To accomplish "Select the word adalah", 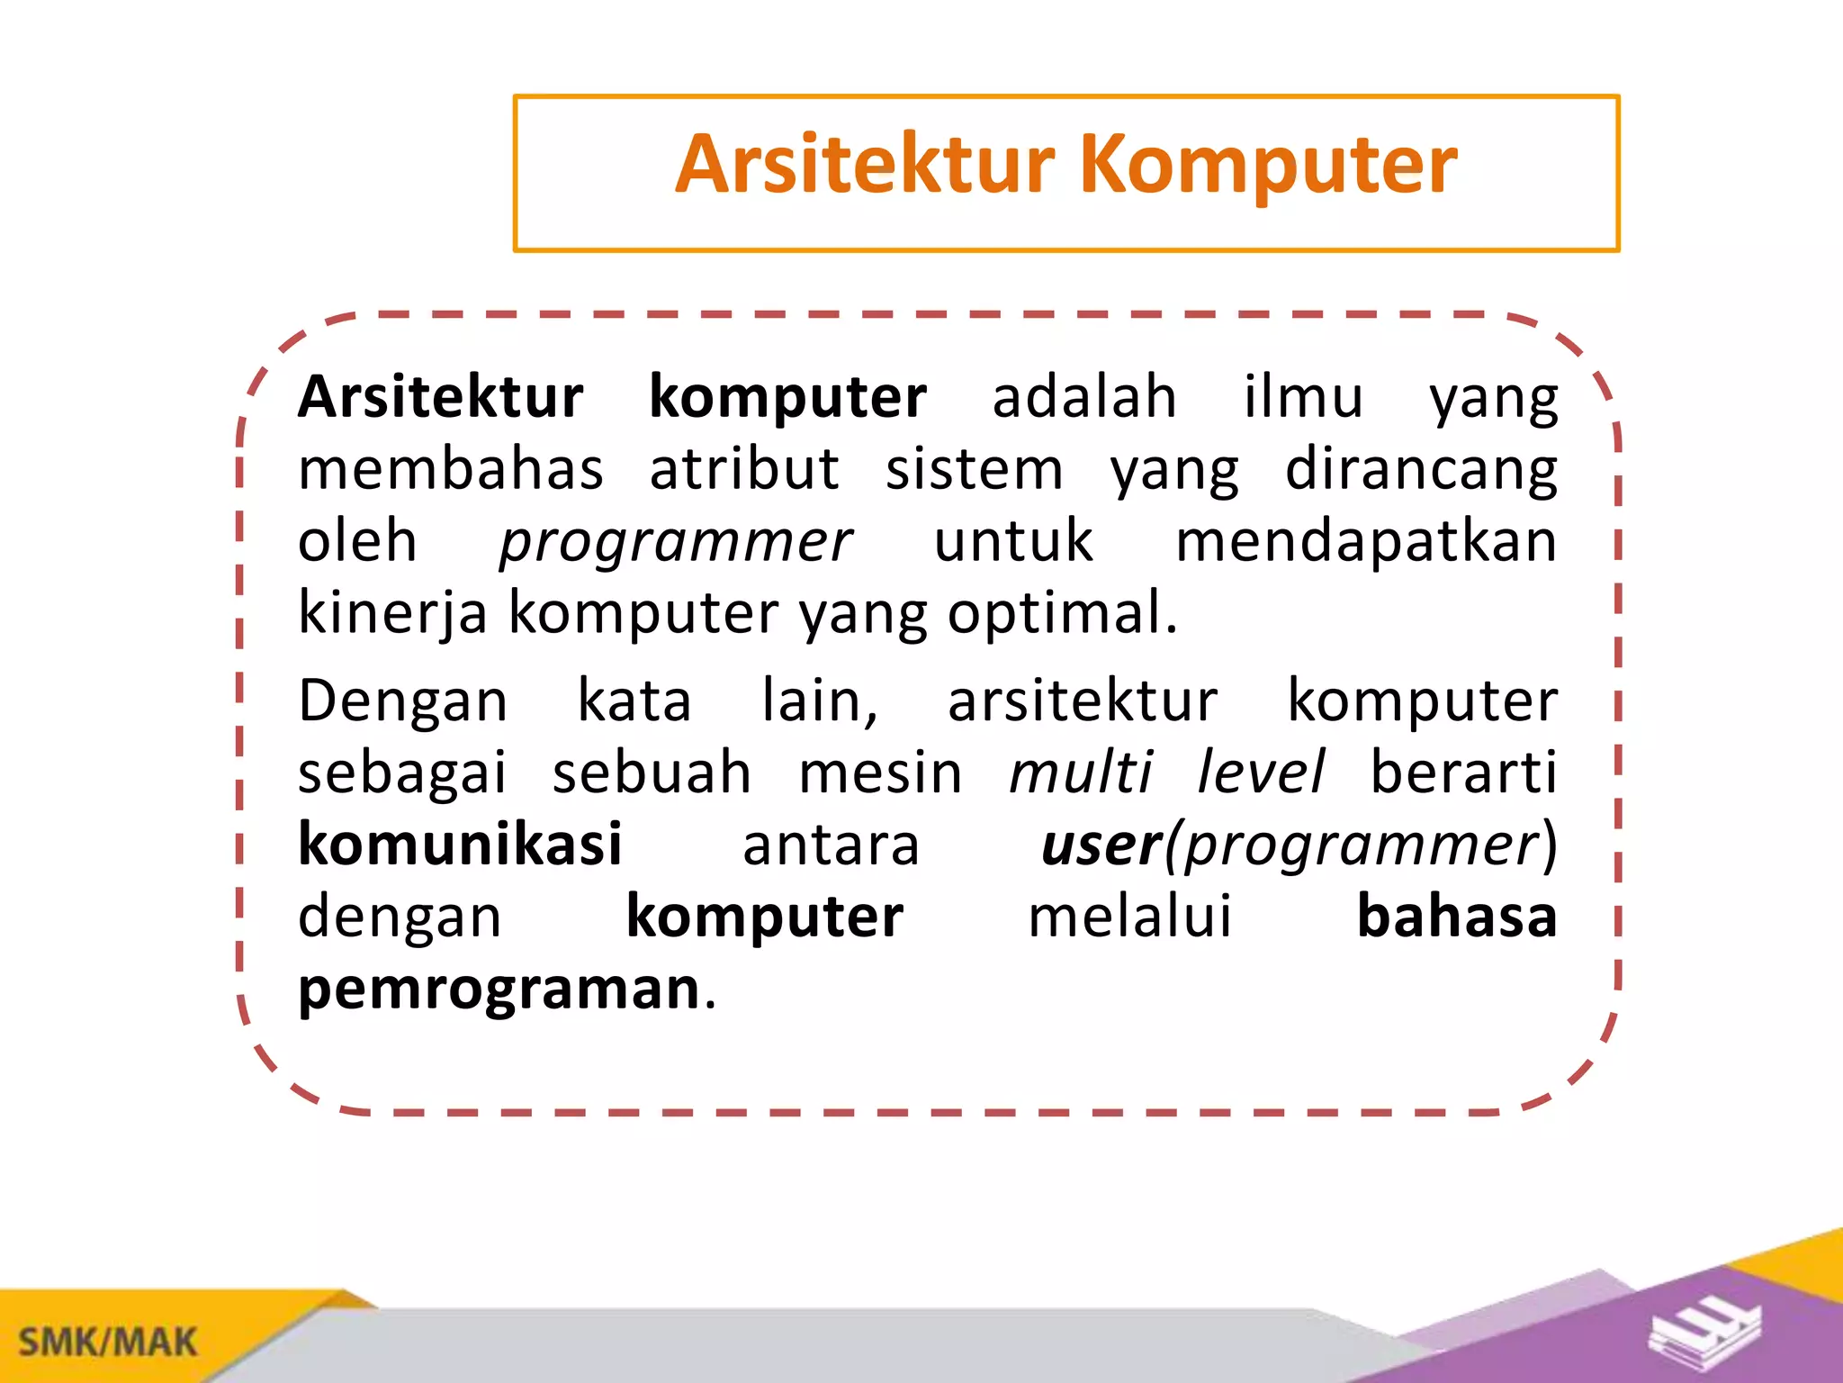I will point(1084,397).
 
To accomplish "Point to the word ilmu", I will point(1303,397).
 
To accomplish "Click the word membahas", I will point(451,470).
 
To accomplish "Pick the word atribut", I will point(744,470).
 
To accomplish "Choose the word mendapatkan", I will point(1366,542).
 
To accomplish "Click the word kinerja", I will point(392,614).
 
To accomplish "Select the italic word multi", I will point(1080,773).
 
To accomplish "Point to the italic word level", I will point(1260,773).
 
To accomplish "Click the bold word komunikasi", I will point(460,845).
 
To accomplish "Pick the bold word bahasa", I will point(1456,917).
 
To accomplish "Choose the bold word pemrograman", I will point(499,990).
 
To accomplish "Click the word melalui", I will point(1129,917).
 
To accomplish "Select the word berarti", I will point(1463,773).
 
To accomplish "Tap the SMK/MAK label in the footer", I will point(107,1342).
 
